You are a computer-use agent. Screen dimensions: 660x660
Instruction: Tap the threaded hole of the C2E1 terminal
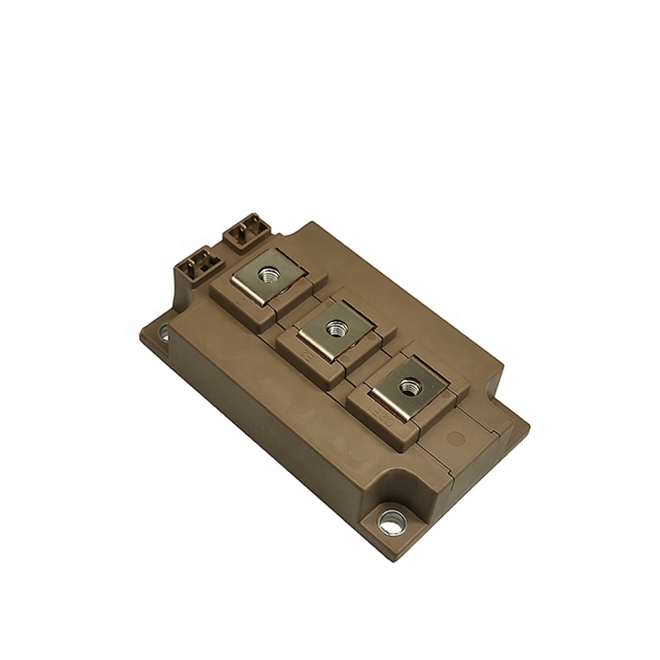click(x=409, y=385)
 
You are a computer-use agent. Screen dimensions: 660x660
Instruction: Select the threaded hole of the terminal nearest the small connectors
click(x=265, y=275)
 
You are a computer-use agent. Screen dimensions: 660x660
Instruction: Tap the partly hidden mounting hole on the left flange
click(x=164, y=332)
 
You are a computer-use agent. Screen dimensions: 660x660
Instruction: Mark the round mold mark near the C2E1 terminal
click(x=455, y=437)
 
